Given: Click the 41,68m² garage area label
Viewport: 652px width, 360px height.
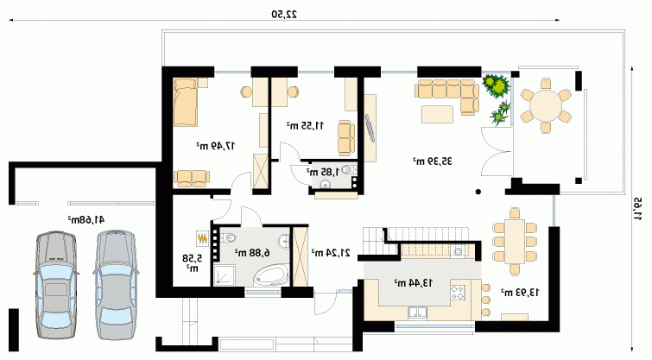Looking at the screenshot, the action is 86,219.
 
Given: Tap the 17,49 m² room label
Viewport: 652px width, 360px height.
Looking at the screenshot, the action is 216,146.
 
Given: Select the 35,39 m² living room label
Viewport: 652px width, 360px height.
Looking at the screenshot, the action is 432,161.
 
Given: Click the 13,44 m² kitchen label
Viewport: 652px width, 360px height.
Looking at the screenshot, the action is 413,282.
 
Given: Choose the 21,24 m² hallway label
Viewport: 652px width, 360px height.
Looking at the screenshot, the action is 331,252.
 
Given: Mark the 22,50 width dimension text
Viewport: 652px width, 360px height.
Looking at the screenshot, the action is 284,14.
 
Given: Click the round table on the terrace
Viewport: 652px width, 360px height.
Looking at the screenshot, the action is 546,105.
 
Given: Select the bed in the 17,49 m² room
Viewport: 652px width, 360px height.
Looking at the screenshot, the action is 185,102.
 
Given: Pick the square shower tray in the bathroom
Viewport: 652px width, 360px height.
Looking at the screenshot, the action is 225,275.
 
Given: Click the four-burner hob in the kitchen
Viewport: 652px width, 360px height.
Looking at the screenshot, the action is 458,293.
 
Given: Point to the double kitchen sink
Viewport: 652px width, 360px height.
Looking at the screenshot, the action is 417,313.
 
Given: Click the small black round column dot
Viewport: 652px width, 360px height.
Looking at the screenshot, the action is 478,192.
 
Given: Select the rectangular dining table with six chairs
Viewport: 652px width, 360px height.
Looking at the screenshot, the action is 515,241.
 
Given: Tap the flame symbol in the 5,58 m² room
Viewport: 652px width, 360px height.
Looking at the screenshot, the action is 202,238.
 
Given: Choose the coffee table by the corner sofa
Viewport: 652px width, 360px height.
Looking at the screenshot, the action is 437,114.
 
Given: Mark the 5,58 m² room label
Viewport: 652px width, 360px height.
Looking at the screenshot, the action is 192,262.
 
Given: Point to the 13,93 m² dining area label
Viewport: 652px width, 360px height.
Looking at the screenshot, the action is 520,293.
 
